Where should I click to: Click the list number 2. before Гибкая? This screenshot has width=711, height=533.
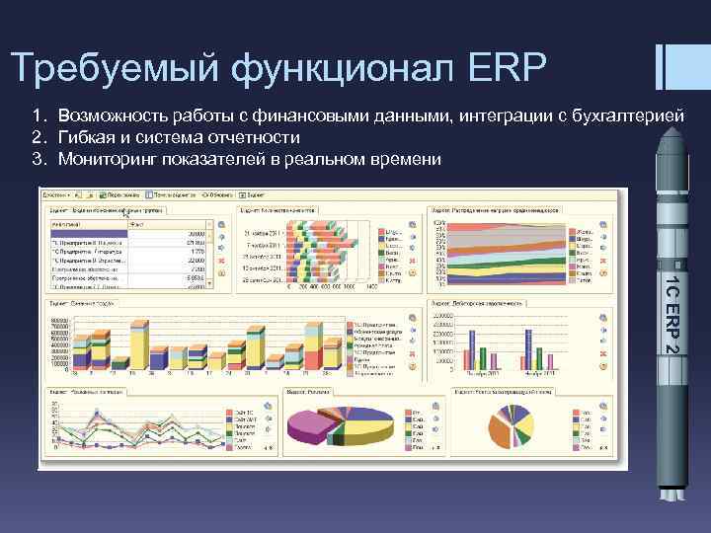click(39, 137)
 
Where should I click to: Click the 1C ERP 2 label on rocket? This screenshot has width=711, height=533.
click(671, 317)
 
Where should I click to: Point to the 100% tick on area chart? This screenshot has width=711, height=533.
click(439, 222)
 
